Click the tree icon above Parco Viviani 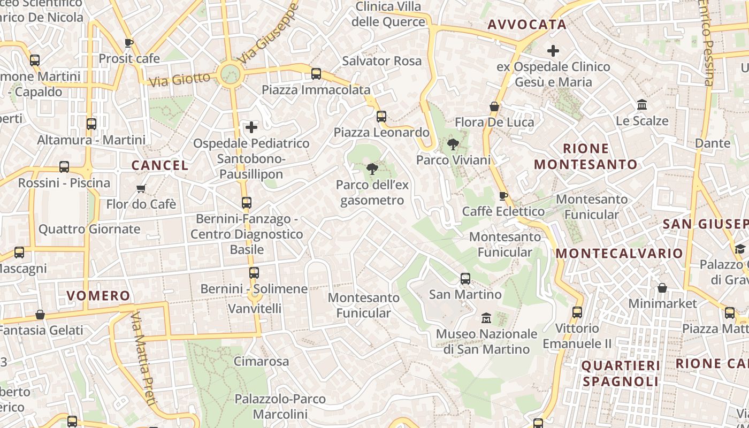click(453, 144)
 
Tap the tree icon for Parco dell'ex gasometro click(371, 169)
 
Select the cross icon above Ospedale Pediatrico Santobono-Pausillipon click(251, 127)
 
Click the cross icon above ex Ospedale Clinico click(553, 51)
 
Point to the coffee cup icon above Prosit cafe click(128, 43)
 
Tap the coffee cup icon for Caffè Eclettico click(503, 196)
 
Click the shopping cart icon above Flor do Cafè click(141, 188)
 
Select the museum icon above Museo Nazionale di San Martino click(486, 318)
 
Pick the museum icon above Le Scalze click(642, 105)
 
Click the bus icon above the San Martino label click(465, 279)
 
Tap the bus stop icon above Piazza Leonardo click(381, 116)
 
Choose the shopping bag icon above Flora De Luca click(494, 106)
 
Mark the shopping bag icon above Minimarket click(662, 288)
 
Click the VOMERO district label click(98, 296)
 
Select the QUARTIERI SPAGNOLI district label click(621, 373)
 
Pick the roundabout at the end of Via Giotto click(231, 74)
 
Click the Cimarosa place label click(261, 362)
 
